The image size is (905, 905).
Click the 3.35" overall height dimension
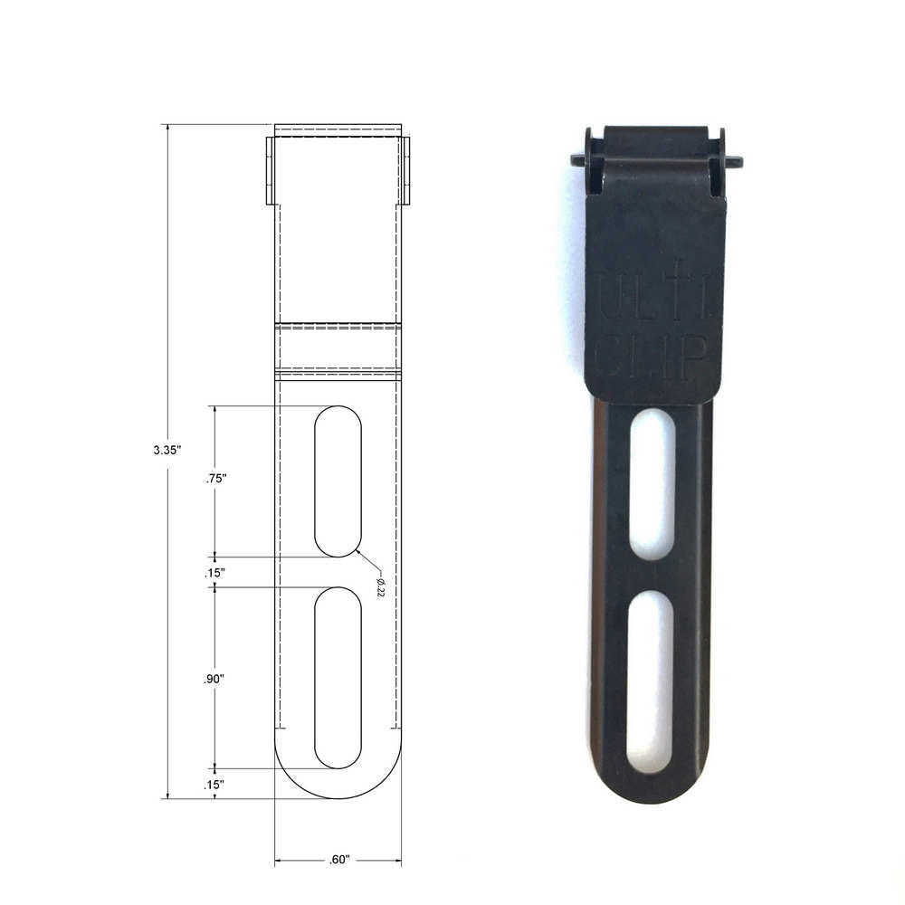167,448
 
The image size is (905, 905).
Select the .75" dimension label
214,480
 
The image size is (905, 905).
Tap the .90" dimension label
214,679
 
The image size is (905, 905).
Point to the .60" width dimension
338,860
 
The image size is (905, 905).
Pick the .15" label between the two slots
214,572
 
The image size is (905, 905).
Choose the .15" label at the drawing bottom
214,785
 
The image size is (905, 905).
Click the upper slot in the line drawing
338,481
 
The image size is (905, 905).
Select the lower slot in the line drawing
338,677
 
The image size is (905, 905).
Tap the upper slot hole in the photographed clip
652,483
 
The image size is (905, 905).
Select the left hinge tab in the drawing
270,170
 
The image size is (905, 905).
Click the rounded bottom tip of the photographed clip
650,792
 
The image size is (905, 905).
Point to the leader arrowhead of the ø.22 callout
358,549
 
